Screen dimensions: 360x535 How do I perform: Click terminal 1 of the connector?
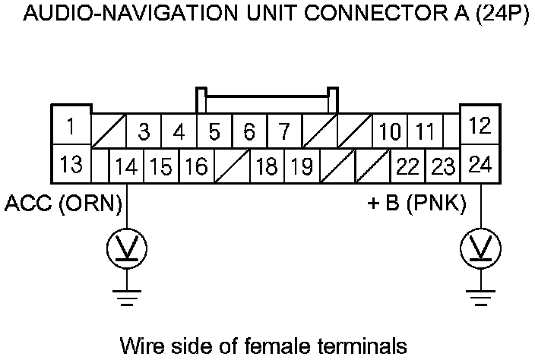click(70, 125)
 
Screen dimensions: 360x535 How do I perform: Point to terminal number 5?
click(214, 132)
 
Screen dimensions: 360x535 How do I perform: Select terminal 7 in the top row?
click(283, 132)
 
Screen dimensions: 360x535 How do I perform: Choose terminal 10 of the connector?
click(390, 132)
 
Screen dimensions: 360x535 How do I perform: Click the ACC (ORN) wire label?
click(64, 203)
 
